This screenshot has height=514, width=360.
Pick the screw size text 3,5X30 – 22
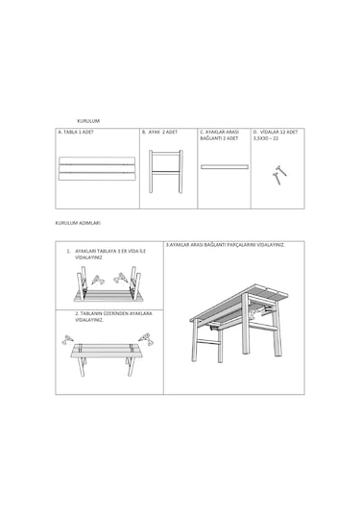(x=267, y=138)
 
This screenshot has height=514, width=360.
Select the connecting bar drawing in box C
(x=224, y=166)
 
